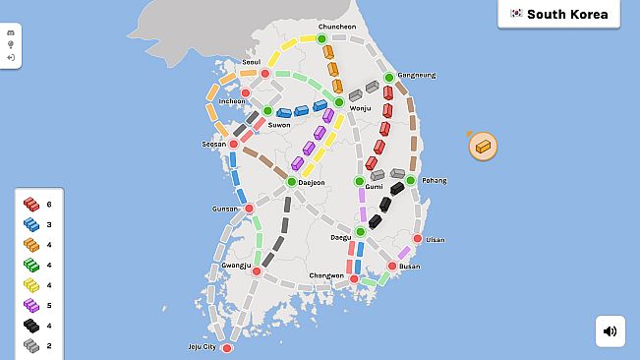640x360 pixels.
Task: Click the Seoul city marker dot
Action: pyautogui.click(x=264, y=73)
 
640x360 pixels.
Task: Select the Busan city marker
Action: pyautogui.click(x=391, y=266)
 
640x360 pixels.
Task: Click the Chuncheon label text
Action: pyautogui.click(x=336, y=27)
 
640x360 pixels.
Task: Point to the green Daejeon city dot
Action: pyautogui.click(x=291, y=182)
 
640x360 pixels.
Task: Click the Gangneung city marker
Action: pyautogui.click(x=388, y=77)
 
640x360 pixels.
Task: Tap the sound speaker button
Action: pyautogui.click(x=610, y=331)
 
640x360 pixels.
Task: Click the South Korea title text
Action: pyautogui.click(x=567, y=14)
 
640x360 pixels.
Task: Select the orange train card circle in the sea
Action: pyautogui.click(x=483, y=147)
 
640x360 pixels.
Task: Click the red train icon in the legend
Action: pyautogui.click(x=31, y=204)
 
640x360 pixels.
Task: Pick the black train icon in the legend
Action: pyautogui.click(x=31, y=325)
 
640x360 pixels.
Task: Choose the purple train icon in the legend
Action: pyautogui.click(x=31, y=305)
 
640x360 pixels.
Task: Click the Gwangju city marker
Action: pyautogui.click(x=256, y=270)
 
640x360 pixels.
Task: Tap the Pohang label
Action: pyautogui.click(x=434, y=180)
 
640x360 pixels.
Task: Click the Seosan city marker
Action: pyautogui.click(x=234, y=145)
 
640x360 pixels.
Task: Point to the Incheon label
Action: pyautogui.click(x=232, y=100)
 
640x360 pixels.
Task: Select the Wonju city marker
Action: pyautogui.click(x=339, y=101)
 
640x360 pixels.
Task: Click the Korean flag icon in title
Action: pyautogui.click(x=515, y=14)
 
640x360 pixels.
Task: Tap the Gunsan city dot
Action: pyautogui.click(x=249, y=209)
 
